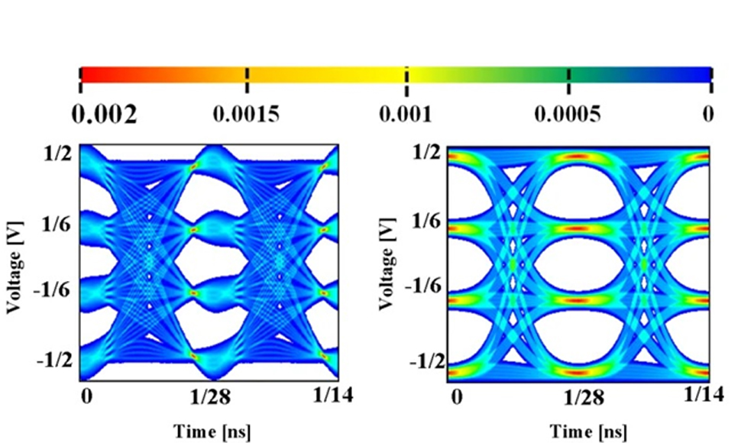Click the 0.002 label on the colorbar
pyautogui.click(x=105, y=115)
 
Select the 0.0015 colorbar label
pyautogui.click(x=247, y=115)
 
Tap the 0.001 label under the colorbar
pyautogui.click(x=406, y=115)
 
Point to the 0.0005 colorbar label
pyautogui.click(x=568, y=115)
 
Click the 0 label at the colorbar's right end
pyautogui.click(x=709, y=115)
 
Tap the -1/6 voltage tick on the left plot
pyautogui.click(x=54, y=291)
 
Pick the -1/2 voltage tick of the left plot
pyautogui.click(x=54, y=360)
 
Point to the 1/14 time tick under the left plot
pyautogui.click(x=333, y=395)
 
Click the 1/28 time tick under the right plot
pyautogui.click(x=582, y=398)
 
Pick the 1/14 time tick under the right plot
pyautogui.click(x=704, y=394)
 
